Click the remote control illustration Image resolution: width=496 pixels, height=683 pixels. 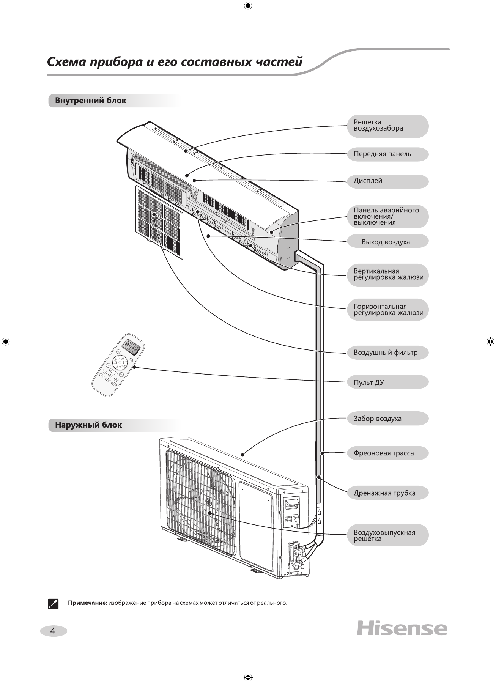coord(118,365)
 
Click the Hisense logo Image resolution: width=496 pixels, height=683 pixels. coord(402,628)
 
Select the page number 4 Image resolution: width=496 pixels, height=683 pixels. coord(53,631)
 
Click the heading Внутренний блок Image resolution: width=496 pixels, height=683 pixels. coord(91,101)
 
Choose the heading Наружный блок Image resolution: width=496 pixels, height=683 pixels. coord(88,425)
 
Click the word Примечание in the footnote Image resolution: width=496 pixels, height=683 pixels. coord(88,603)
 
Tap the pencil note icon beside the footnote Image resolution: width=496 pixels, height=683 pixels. coord(54,603)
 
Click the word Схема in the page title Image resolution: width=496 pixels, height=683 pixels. coord(66,62)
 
